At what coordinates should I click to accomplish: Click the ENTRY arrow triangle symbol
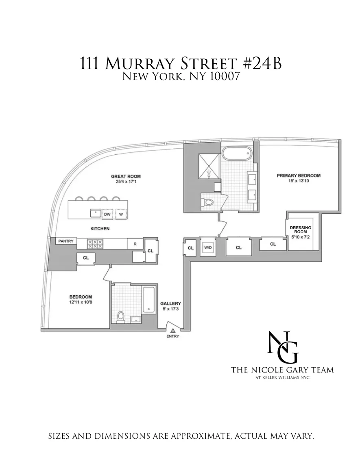[x=172, y=331]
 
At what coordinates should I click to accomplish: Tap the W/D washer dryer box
[x=208, y=247]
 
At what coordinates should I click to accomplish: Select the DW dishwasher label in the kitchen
[x=107, y=214]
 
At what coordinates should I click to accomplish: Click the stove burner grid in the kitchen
[x=95, y=244]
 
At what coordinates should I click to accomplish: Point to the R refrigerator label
[x=135, y=244]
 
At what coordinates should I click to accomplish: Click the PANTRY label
[x=65, y=241]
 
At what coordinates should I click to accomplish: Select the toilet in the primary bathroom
[x=208, y=201]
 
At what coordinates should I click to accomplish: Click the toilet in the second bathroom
[x=120, y=316]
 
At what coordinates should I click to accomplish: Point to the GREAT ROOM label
[x=126, y=176]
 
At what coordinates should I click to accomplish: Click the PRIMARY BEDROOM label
[x=299, y=175]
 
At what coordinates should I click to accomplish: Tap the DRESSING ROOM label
[x=301, y=230]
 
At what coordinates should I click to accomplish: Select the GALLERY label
[x=170, y=303]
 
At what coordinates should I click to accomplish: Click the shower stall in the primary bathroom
[x=209, y=167]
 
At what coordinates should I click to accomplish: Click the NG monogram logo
[x=283, y=347]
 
